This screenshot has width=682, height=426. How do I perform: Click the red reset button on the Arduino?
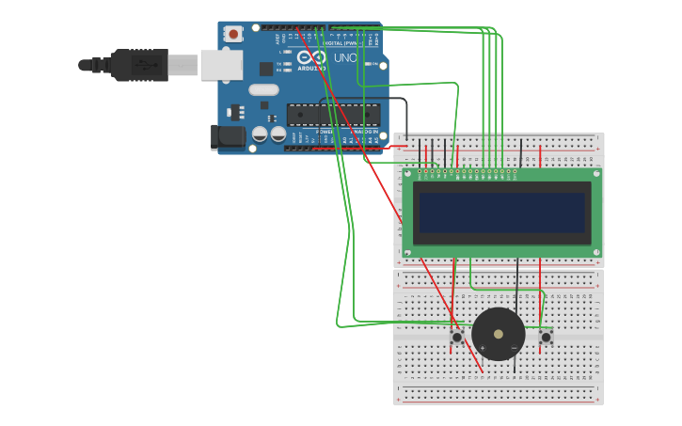point(233,34)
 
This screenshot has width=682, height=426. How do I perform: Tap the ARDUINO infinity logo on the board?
point(310,58)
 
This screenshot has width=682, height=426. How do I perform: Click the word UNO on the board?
point(345,58)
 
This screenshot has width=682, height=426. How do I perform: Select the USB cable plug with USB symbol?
point(140,65)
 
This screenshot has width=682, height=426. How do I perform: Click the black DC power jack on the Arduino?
point(228,136)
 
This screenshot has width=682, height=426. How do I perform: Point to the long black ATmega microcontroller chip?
point(333,114)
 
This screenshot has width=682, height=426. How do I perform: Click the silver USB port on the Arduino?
point(222,65)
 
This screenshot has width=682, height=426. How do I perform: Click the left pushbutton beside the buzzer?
point(457,337)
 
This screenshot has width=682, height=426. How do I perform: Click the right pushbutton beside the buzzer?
point(546,336)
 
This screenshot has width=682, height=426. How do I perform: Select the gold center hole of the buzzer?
point(498,334)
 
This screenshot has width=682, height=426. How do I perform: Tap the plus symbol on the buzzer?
point(482,349)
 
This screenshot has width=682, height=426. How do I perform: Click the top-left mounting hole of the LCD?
point(408,174)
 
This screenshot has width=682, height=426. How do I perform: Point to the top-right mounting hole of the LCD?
point(596,174)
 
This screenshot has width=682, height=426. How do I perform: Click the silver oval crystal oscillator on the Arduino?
point(263,90)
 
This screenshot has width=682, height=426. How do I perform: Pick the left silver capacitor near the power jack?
point(260,134)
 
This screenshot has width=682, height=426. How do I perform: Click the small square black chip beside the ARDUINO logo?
point(266,69)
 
